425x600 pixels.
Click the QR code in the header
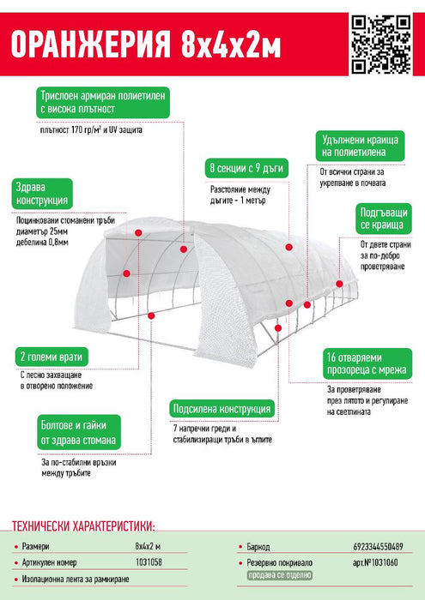point(381,44)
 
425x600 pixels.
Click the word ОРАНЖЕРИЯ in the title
point(90,45)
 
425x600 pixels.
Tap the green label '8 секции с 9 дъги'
point(246,168)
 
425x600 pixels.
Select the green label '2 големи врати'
point(52,357)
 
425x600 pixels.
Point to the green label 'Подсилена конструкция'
point(222,409)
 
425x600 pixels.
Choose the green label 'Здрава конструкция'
point(42,194)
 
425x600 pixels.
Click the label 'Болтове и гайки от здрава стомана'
point(79,432)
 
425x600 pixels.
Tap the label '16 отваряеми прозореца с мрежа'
point(367,363)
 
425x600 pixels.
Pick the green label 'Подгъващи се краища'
point(384,219)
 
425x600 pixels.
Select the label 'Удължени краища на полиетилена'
point(360,146)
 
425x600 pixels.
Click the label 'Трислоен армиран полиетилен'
point(103,102)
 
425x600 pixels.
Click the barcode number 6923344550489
point(378,547)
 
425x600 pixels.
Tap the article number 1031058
point(149,562)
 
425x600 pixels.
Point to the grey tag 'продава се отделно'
point(279,575)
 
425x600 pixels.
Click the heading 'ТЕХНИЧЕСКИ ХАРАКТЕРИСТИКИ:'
point(83,525)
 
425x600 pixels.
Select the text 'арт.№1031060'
point(375,562)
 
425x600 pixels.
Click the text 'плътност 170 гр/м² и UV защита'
point(91,129)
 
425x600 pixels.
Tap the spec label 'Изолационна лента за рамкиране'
point(76,579)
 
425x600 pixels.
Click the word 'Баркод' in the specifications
point(258,547)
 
